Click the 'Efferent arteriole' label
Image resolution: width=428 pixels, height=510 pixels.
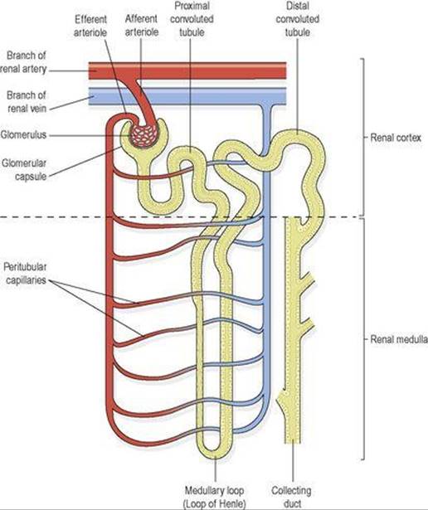click(90, 26)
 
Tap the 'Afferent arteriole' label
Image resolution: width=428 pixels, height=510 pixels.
click(142, 26)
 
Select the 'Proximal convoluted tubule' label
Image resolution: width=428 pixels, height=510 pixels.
click(192, 19)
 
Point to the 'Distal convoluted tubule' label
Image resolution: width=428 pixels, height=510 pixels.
click(297, 19)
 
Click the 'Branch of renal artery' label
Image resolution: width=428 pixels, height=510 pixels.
click(23, 62)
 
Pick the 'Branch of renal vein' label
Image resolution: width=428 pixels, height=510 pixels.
click(27, 102)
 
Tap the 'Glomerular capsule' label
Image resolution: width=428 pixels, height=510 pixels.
click(24, 169)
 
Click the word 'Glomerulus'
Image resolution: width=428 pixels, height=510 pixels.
click(23, 134)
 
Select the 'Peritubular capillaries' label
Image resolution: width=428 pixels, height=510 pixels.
click(25, 273)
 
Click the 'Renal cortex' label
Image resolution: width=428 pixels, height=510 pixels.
click(396, 138)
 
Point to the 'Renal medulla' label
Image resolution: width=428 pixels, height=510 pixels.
click(399, 339)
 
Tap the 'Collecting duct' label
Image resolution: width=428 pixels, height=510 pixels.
click(291, 497)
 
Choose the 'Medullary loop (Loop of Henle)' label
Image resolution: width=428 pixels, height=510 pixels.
click(214, 497)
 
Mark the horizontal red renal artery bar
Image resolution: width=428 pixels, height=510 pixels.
click(187, 70)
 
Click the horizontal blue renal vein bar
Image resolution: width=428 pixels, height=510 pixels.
click(187, 96)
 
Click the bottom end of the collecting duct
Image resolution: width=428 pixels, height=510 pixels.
click(292, 442)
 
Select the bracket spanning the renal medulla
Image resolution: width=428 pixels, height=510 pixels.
click(363, 339)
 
